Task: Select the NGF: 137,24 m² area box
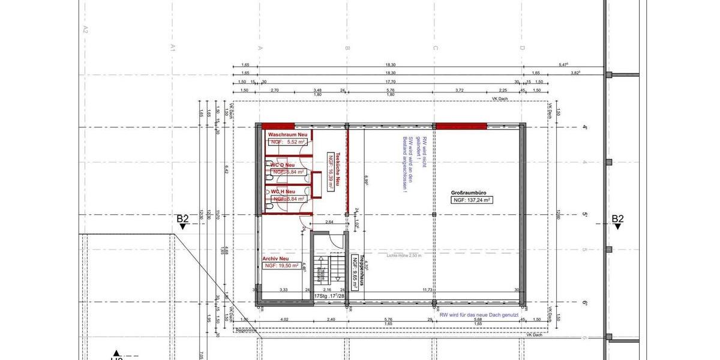472,200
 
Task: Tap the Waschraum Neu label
287,134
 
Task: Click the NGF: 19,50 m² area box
281,265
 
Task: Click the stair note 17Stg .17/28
329,296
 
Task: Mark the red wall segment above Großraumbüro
461,126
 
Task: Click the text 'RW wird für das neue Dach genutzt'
479,315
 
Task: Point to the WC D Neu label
283,165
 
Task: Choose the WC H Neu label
283,192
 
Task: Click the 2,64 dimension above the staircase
329,223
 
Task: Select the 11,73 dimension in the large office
427,290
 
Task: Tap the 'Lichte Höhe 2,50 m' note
404,255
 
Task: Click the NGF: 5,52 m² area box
289,142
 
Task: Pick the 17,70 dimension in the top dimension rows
390,82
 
